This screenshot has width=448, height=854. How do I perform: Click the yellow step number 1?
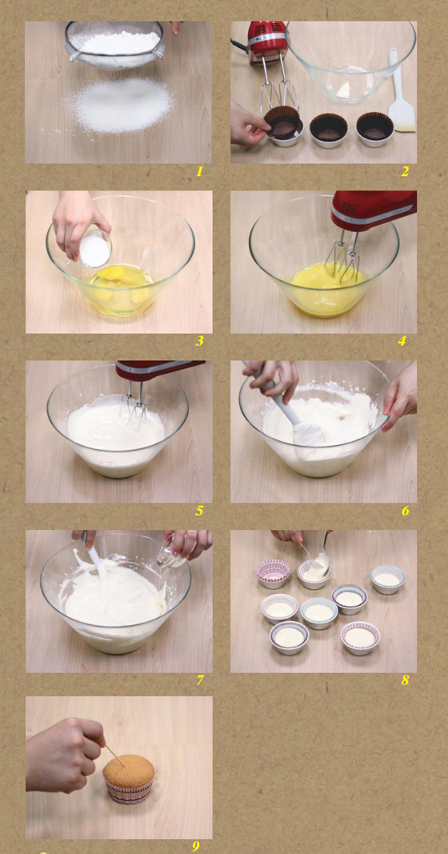tap(199, 171)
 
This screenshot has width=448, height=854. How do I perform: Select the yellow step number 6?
tap(405, 511)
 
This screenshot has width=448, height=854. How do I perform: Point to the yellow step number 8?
tap(405, 680)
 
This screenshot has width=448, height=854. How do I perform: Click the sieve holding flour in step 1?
tap(114, 44)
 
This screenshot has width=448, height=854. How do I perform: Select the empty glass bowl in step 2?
tap(350, 60)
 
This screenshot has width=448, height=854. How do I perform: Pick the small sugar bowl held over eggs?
tap(95, 249)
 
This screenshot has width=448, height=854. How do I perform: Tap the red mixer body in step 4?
tap(374, 210)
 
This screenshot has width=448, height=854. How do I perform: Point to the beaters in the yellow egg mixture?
tap(342, 260)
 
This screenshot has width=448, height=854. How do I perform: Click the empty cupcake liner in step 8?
tap(274, 574)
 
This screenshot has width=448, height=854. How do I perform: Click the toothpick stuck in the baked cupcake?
tap(115, 756)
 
